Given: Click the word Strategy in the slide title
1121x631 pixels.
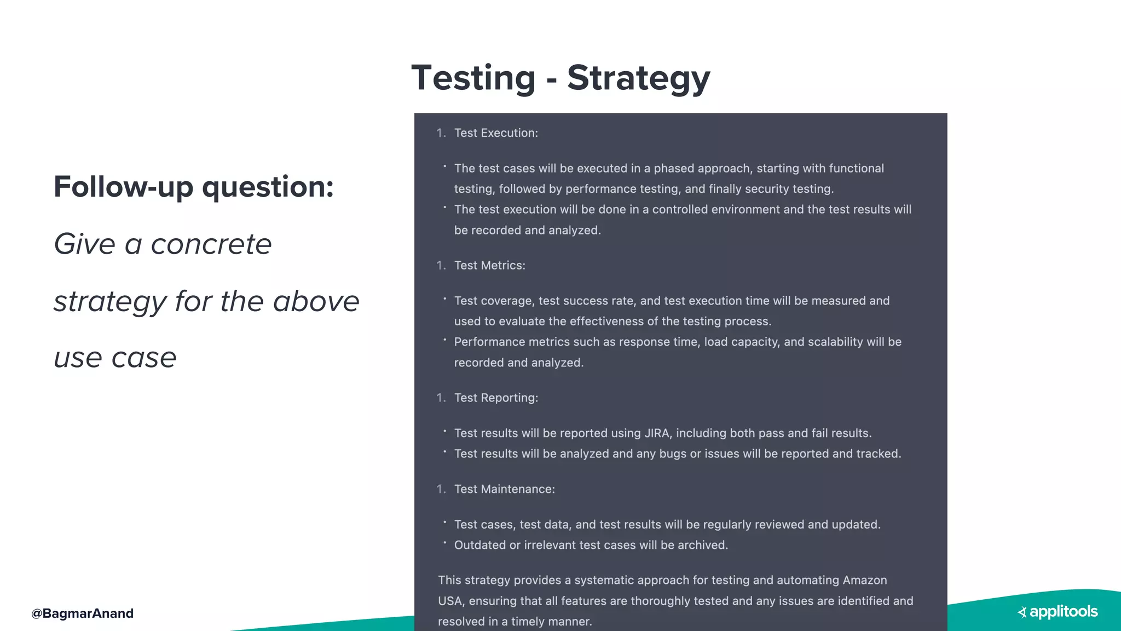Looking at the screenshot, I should [638, 78].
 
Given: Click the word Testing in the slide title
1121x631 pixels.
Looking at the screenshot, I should [473, 78].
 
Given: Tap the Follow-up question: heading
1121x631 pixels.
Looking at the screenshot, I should [194, 187].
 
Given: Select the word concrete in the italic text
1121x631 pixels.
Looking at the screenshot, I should [211, 244].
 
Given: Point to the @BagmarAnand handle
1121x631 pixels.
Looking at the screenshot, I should [83, 613].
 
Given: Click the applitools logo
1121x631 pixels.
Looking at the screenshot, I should [1058, 612].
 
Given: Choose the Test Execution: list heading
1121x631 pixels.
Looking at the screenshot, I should [496, 133].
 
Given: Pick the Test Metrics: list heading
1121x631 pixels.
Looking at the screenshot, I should [489, 266].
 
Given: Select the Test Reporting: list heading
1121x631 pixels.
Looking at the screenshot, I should [496, 398].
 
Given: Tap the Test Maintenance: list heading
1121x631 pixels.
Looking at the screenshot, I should [504, 489].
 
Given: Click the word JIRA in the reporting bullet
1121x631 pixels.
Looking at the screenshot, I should [657, 433].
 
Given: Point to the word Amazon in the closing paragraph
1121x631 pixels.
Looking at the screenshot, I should [865, 580].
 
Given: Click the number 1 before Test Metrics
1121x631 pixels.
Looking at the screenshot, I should [440, 266].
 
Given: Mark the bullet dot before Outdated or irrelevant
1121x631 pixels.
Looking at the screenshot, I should [445, 543].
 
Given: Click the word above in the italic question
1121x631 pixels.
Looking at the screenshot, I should [316, 302].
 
